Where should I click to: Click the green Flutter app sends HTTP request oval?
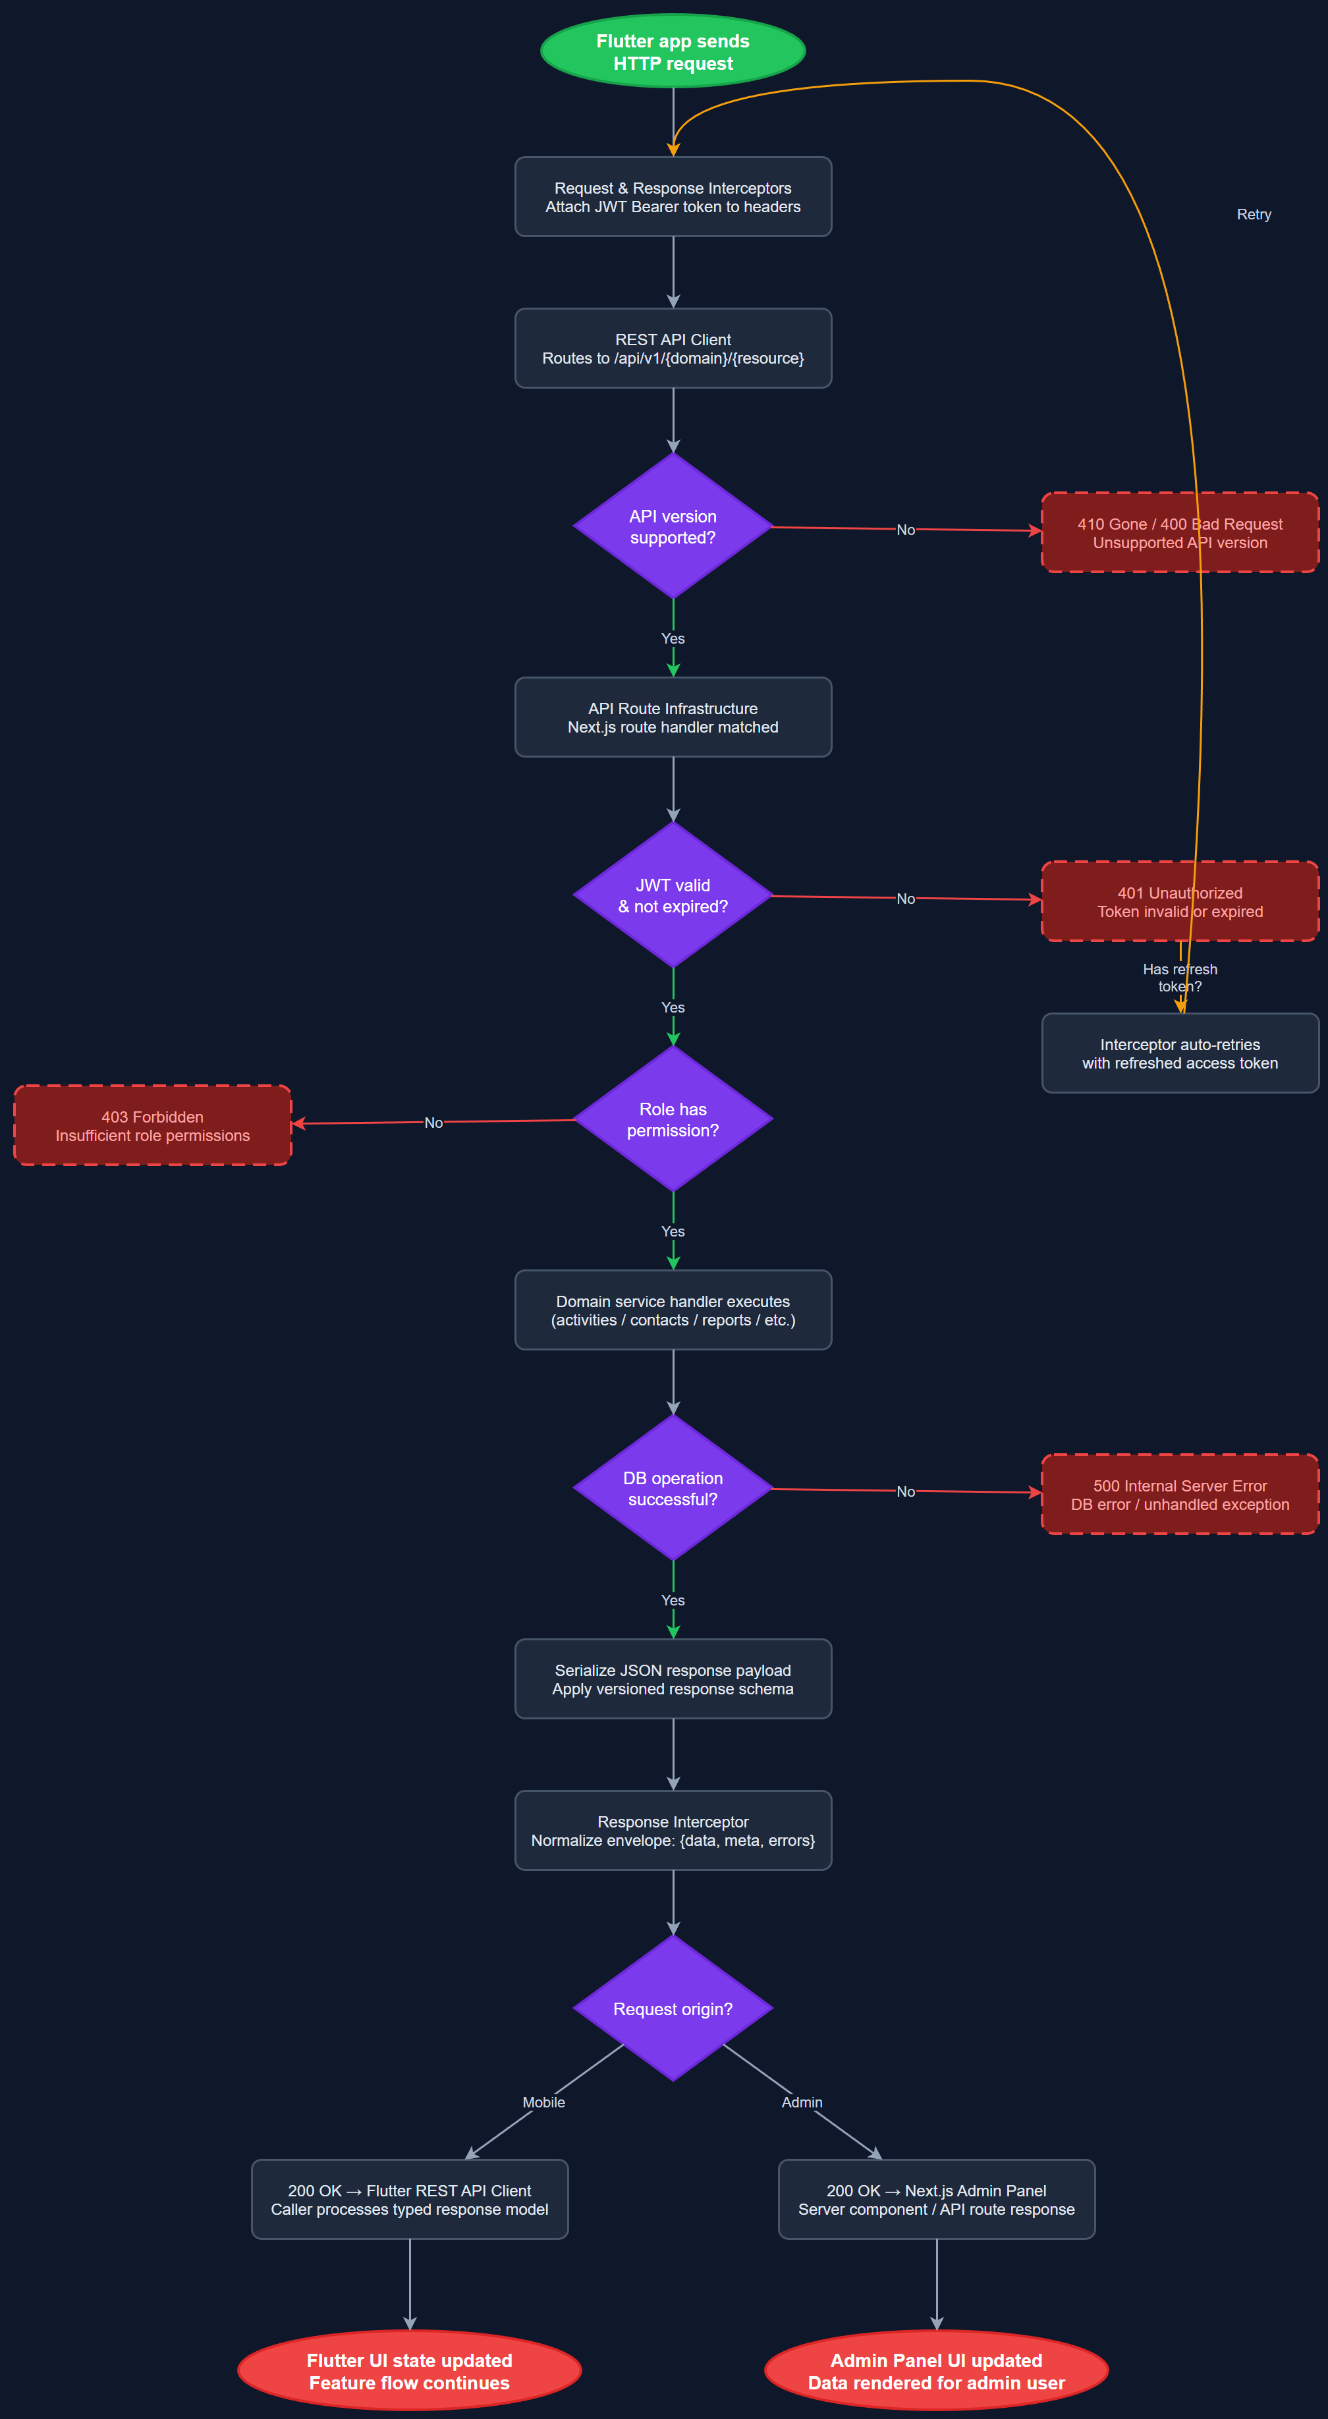(x=673, y=51)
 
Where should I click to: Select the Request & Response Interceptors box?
(x=673, y=197)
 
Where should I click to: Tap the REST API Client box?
(x=673, y=348)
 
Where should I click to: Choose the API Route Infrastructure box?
(x=673, y=717)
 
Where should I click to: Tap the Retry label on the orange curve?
(x=1254, y=214)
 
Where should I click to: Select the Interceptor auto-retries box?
(x=1180, y=1053)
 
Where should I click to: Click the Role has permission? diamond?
(x=673, y=1119)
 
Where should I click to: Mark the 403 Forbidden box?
(x=152, y=1126)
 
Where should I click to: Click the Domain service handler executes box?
(x=673, y=1310)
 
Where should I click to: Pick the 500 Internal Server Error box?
(x=1180, y=1494)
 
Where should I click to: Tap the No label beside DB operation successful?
(x=905, y=1491)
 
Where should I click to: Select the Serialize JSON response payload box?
(x=673, y=1679)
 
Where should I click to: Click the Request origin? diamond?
(x=673, y=2009)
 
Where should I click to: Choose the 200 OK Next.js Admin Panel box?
(x=936, y=2199)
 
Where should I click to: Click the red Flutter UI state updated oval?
(x=410, y=2370)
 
